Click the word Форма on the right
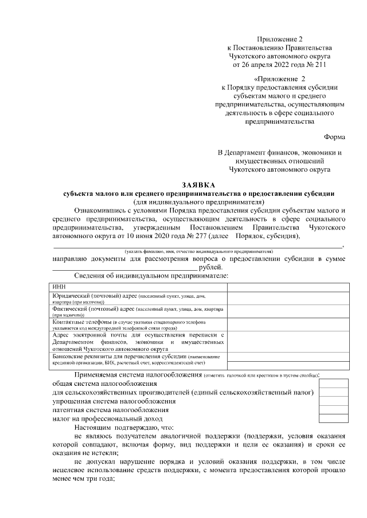(334, 138)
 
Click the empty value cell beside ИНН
(288, 286)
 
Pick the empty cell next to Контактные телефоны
(288, 325)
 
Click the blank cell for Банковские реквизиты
(288, 359)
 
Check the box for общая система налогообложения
(333, 383)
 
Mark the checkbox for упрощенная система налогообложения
(333, 401)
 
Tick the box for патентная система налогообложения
(333, 409)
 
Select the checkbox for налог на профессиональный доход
(333, 418)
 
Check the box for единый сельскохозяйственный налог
(333, 392)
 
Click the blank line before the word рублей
(124, 267)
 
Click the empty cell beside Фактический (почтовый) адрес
(288, 311)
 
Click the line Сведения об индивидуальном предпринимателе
(151, 276)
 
